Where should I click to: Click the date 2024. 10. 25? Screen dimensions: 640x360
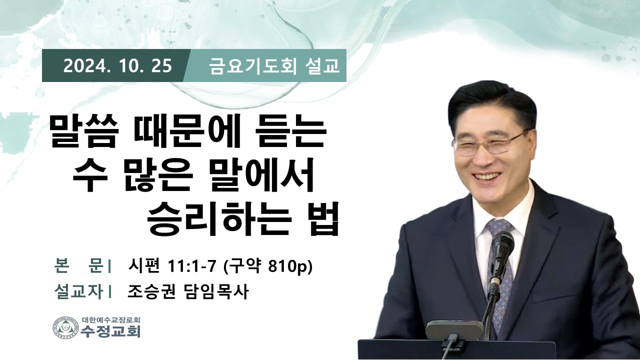tap(117, 65)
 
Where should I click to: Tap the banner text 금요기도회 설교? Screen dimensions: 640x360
tap(274, 66)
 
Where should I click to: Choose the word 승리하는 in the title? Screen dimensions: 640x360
tap(219, 218)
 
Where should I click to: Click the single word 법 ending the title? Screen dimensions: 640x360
tap(323, 218)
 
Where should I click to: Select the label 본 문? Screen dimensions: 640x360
tap(79, 266)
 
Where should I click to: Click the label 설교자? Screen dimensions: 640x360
tap(79, 292)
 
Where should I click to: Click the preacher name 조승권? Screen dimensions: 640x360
tap(151, 292)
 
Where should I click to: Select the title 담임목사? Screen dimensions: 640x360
tap(216, 292)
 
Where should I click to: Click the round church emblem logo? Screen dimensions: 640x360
tap(65, 327)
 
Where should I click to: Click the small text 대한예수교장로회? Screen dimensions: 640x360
tap(110, 319)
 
